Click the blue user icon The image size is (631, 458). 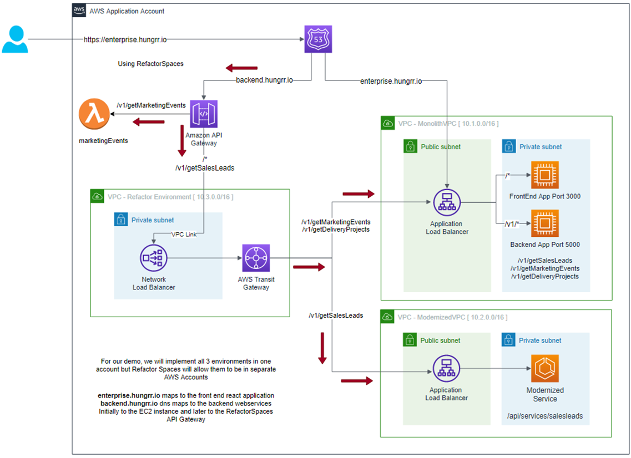tap(15, 39)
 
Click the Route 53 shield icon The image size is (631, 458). tap(318, 39)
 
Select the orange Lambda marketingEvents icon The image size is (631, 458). tap(94, 115)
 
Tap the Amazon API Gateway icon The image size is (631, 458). tap(204, 114)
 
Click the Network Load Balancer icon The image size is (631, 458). tap(154, 258)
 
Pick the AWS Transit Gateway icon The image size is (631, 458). tap(256, 258)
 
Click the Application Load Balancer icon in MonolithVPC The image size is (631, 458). tap(447, 203)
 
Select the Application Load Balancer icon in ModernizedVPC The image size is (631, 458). tap(447, 368)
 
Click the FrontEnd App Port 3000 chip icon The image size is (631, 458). tap(545, 175)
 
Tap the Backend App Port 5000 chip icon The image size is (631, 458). tap(545, 223)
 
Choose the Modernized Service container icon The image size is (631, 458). tap(544, 369)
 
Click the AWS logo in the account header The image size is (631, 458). tap(79, 11)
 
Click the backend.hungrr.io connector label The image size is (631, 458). tap(264, 80)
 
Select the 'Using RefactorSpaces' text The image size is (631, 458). tap(150, 64)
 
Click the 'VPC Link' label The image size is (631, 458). tap(184, 235)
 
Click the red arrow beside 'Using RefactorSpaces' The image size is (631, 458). tap(238, 68)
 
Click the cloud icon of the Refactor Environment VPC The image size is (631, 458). tap(97, 196)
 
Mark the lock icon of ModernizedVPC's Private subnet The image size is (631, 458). tap(508, 340)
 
